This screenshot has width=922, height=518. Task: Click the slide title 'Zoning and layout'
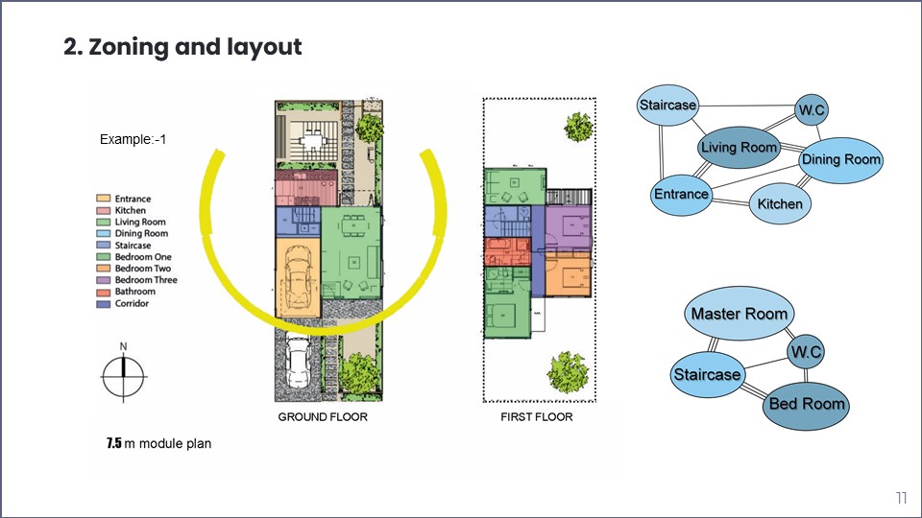(182, 46)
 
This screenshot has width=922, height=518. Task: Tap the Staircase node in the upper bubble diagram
(667, 106)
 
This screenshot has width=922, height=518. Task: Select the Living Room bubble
(738, 148)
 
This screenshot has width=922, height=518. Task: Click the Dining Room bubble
(840, 159)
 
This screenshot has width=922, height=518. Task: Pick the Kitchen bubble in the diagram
(780, 203)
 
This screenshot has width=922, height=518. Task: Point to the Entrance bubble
(681, 194)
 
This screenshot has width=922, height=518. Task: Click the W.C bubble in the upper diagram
(812, 110)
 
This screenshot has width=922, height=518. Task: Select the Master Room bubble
(739, 314)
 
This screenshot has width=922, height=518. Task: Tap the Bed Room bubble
(807, 404)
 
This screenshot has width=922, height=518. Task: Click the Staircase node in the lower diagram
(707, 373)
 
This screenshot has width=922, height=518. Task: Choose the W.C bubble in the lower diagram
(805, 352)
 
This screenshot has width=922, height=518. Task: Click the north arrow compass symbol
(123, 374)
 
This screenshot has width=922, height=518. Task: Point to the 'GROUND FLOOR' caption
(323, 417)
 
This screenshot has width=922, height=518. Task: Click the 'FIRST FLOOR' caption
(537, 417)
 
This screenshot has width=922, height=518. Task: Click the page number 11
(901, 498)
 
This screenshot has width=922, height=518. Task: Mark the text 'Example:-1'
(133, 140)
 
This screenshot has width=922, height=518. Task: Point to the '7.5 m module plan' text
(158, 444)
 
